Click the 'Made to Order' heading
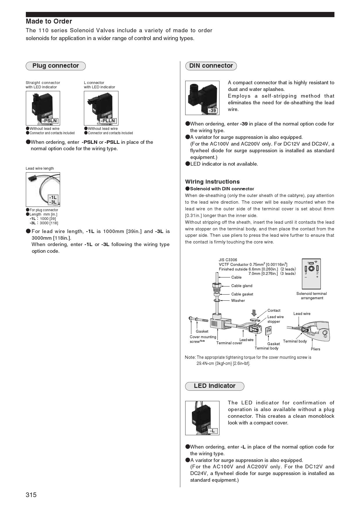[49, 21]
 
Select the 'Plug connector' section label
[55, 66]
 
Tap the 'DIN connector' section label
[211, 66]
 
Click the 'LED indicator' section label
[215, 386]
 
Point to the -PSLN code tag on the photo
[50, 121]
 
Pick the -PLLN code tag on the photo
[108, 121]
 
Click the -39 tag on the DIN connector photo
[213, 110]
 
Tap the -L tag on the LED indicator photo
[213, 431]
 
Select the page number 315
[31, 495]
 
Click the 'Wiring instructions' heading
[213, 182]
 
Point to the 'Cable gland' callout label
[242, 286]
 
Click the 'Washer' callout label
[238, 300]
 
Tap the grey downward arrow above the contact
[254, 313]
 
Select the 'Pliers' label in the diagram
[315, 349]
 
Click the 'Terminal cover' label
[229, 343]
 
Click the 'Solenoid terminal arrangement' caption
[312, 296]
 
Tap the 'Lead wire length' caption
[40, 169]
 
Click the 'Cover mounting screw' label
[203, 339]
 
